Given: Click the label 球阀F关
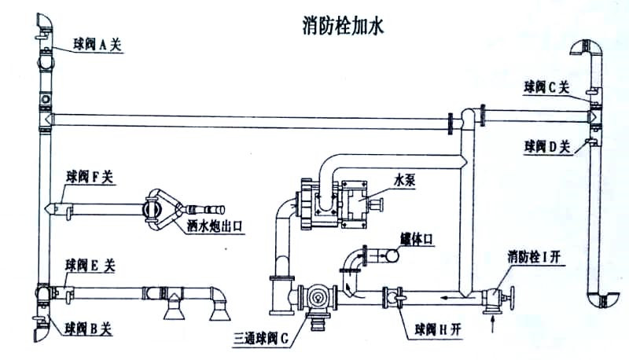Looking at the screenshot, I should coord(90,178).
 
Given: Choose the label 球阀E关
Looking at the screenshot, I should coord(90,266).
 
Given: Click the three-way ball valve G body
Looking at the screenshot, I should coord(318,299).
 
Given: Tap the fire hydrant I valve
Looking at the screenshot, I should coord(496,298).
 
